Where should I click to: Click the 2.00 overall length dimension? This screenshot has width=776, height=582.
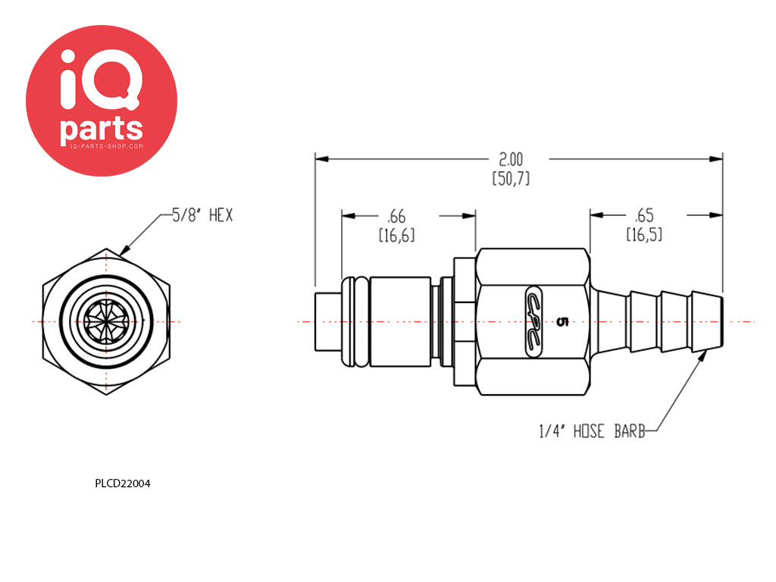point(511,159)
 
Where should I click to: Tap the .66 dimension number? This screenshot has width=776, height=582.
point(396,216)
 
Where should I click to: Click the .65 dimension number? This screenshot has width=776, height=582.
point(644,215)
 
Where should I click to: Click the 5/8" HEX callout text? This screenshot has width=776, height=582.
point(202,215)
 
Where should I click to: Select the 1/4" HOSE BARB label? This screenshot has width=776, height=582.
point(593,431)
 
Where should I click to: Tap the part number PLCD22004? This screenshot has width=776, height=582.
point(123,483)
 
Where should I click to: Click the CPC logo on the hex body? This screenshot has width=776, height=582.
point(533,321)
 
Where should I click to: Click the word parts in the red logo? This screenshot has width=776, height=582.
point(102,130)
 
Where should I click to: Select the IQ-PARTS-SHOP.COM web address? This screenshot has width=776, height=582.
point(106,146)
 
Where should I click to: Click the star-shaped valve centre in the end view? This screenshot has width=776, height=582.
point(106,321)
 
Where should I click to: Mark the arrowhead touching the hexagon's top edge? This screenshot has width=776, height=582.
point(125,249)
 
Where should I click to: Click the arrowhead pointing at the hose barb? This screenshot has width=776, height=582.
point(702,356)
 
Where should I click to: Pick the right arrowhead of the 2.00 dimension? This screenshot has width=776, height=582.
point(715,159)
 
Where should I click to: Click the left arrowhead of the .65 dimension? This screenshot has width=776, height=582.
point(597,214)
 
